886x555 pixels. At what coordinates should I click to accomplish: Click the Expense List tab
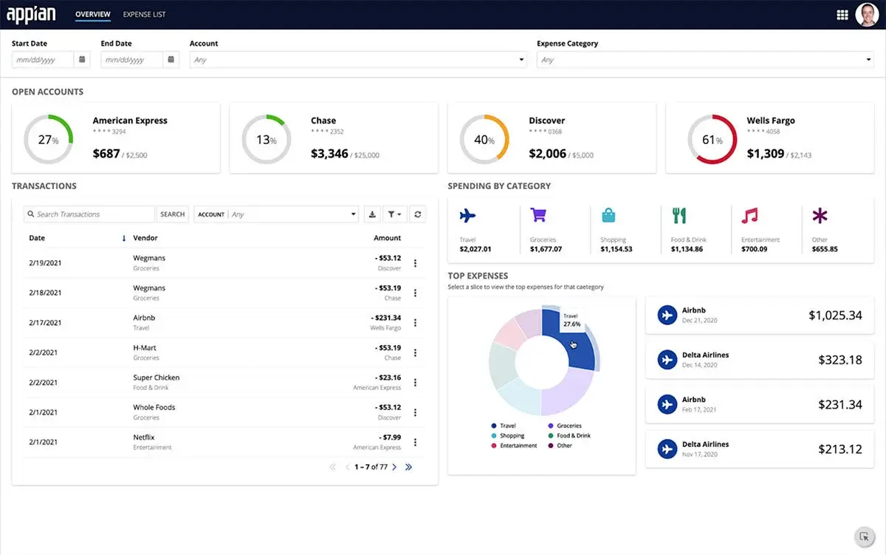point(144,14)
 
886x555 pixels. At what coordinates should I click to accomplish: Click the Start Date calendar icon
point(82,60)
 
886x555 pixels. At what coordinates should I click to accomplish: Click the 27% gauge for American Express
point(48,140)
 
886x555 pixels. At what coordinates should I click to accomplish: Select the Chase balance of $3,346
point(329,154)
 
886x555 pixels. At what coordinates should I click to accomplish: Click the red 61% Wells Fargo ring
point(712,140)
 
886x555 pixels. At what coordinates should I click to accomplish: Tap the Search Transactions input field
point(90,214)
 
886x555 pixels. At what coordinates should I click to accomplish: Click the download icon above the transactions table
point(372,214)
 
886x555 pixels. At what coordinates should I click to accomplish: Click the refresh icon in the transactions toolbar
point(418,214)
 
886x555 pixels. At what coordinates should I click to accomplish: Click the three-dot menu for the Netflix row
point(415,442)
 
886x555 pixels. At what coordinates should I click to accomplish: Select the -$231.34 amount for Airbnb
point(388,318)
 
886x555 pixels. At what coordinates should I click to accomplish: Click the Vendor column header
point(145,238)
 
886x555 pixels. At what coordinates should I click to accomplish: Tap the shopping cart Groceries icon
point(538,215)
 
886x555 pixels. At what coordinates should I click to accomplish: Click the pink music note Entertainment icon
point(749,215)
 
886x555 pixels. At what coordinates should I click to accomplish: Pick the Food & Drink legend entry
point(573,436)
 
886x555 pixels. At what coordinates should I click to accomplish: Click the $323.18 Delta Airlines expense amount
point(839,360)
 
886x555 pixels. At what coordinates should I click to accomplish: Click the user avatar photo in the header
point(866,14)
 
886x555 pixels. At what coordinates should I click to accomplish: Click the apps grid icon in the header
point(842,15)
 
